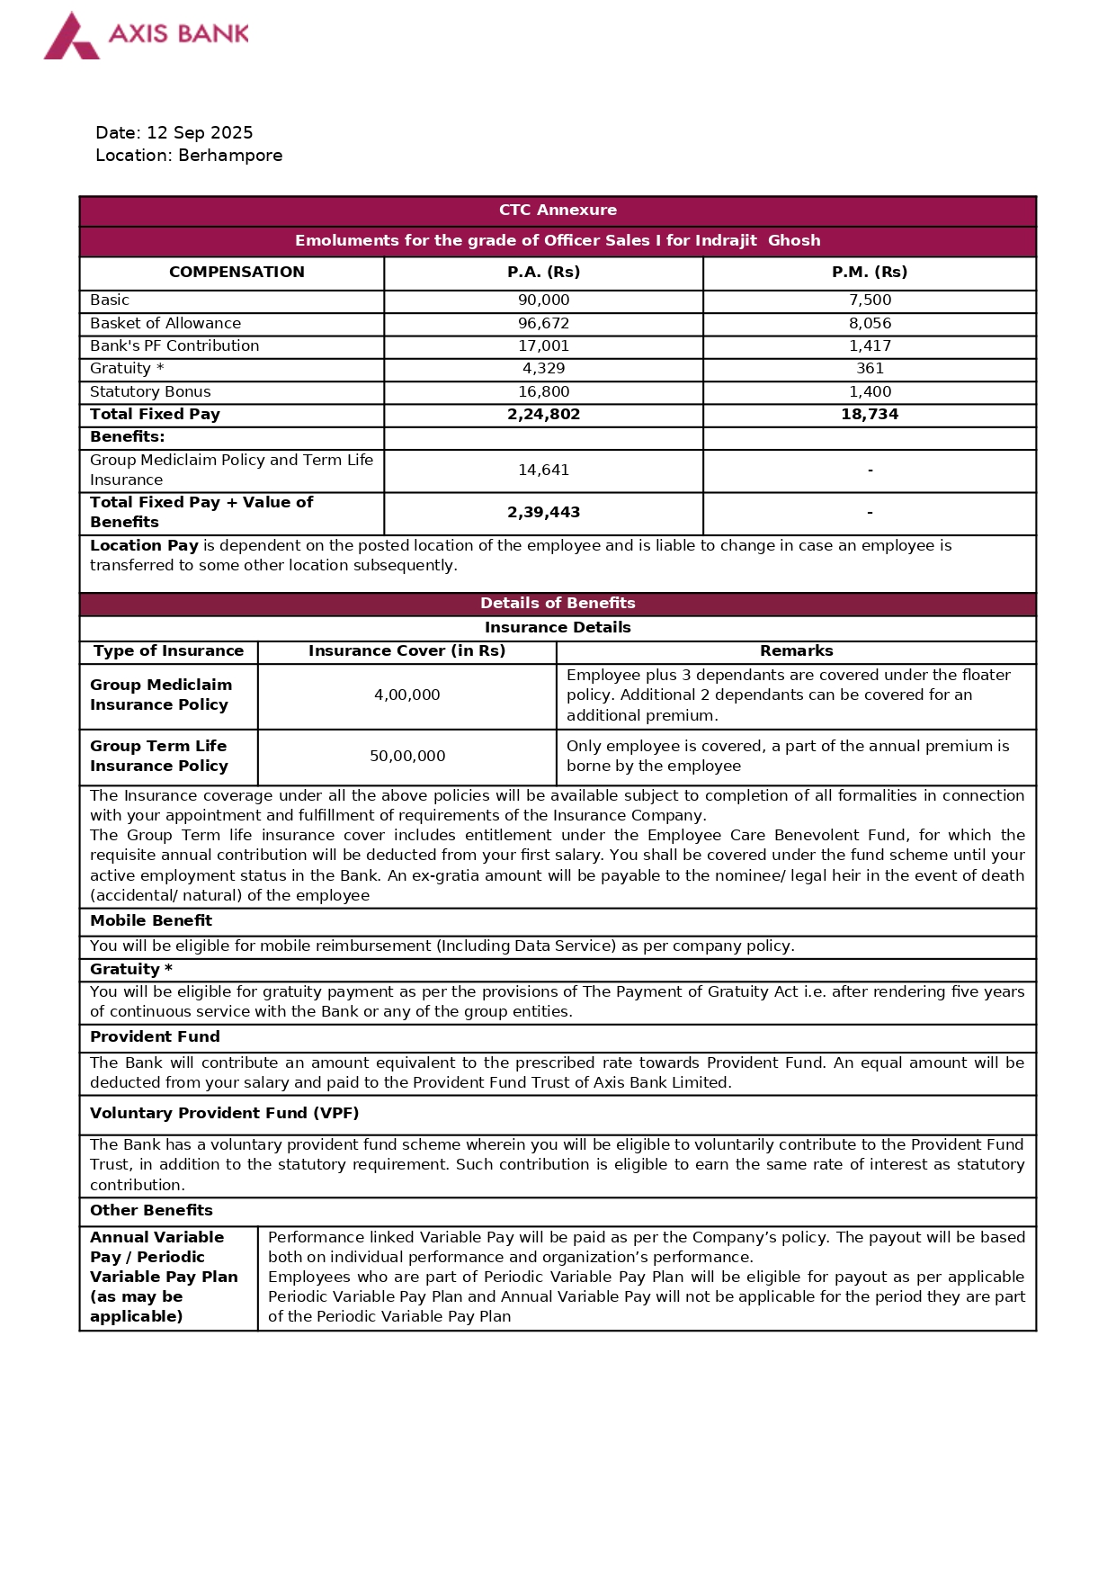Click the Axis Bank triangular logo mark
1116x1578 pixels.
(71, 38)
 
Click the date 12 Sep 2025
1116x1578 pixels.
(200, 133)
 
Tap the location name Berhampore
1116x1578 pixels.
(230, 156)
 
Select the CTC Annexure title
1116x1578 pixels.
(558, 211)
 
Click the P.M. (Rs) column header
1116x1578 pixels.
(869, 273)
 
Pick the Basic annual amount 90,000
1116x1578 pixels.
(543, 300)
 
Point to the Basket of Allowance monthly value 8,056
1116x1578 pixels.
(870, 324)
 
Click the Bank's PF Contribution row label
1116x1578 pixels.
(174, 346)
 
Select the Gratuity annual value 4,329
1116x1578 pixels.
(543, 369)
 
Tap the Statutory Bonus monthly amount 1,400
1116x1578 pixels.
(870, 392)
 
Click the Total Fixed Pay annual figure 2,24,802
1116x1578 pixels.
(543, 415)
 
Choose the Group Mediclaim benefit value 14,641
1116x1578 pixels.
(543, 471)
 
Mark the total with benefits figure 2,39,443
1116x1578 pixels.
(543, 513)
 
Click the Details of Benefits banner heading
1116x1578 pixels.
(558, 604)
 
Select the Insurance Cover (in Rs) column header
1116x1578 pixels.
(406, 651)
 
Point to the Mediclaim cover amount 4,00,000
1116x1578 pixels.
(406, 695)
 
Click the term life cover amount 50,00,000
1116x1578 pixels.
(406, 757)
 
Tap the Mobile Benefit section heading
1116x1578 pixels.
(151, 921)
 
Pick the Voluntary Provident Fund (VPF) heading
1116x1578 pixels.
(224, 1114)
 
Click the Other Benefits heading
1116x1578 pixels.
(151, 1211)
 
